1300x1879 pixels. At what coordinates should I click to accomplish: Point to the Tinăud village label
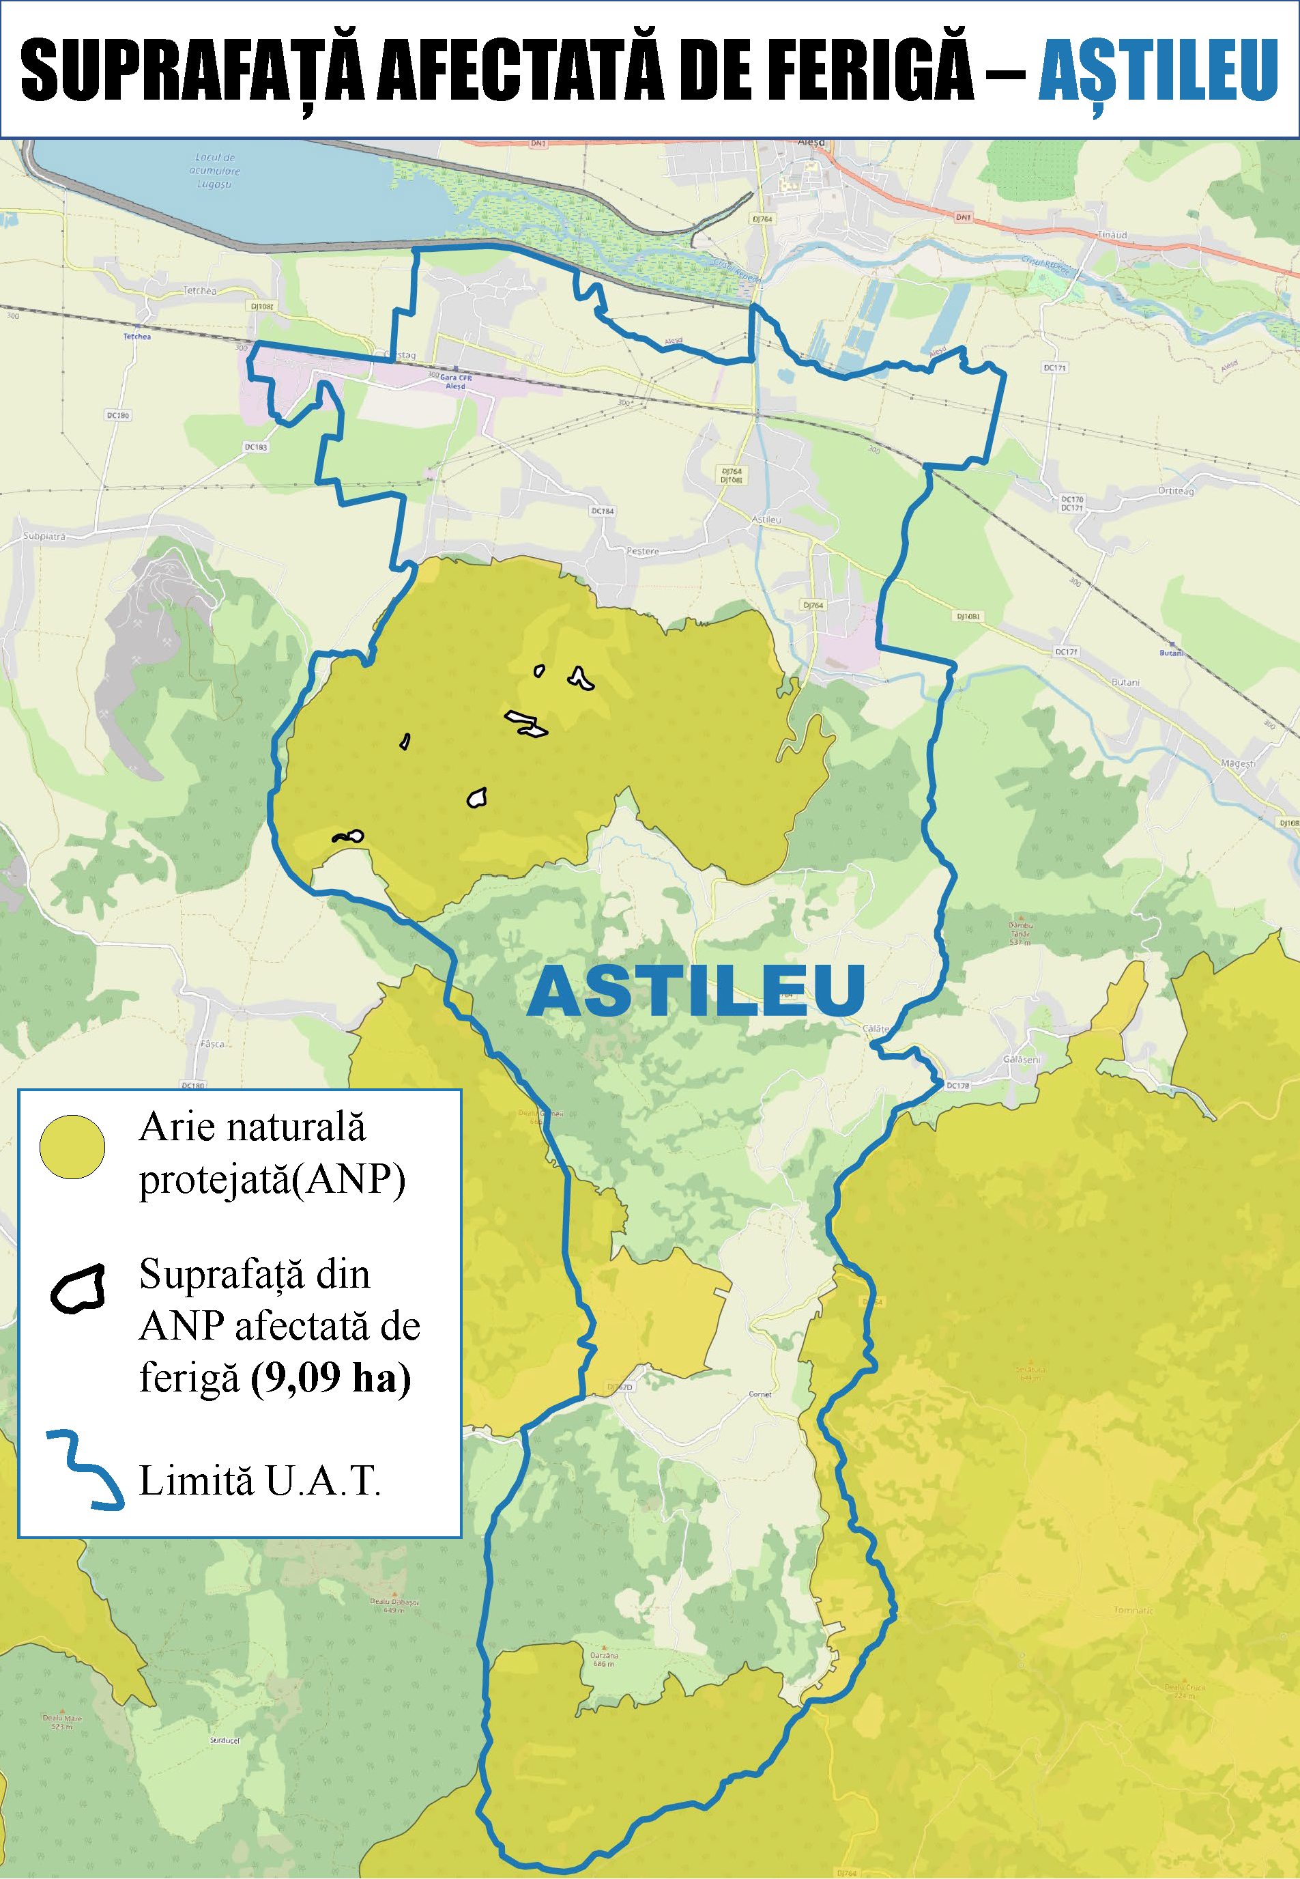1112,235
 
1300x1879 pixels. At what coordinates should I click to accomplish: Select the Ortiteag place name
1175,490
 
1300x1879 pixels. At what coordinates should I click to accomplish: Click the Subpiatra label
44,536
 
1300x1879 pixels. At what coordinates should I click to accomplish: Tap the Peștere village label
643,551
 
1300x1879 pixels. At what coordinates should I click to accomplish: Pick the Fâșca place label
212,1044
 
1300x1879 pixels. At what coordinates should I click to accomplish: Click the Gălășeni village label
1022,1059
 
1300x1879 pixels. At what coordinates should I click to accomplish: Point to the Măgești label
1237,763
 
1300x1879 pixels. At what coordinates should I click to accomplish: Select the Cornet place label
760,1394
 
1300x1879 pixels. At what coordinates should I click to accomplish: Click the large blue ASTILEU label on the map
697,991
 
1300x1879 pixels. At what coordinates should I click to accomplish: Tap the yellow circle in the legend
72,1147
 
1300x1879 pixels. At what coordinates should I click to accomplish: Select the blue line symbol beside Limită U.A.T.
85,1470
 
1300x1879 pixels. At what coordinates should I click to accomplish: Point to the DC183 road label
256,447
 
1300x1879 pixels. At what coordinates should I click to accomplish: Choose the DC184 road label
602,511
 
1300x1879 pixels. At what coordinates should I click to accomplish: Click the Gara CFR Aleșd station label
454,382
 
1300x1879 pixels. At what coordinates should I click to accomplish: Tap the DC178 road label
958,1086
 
